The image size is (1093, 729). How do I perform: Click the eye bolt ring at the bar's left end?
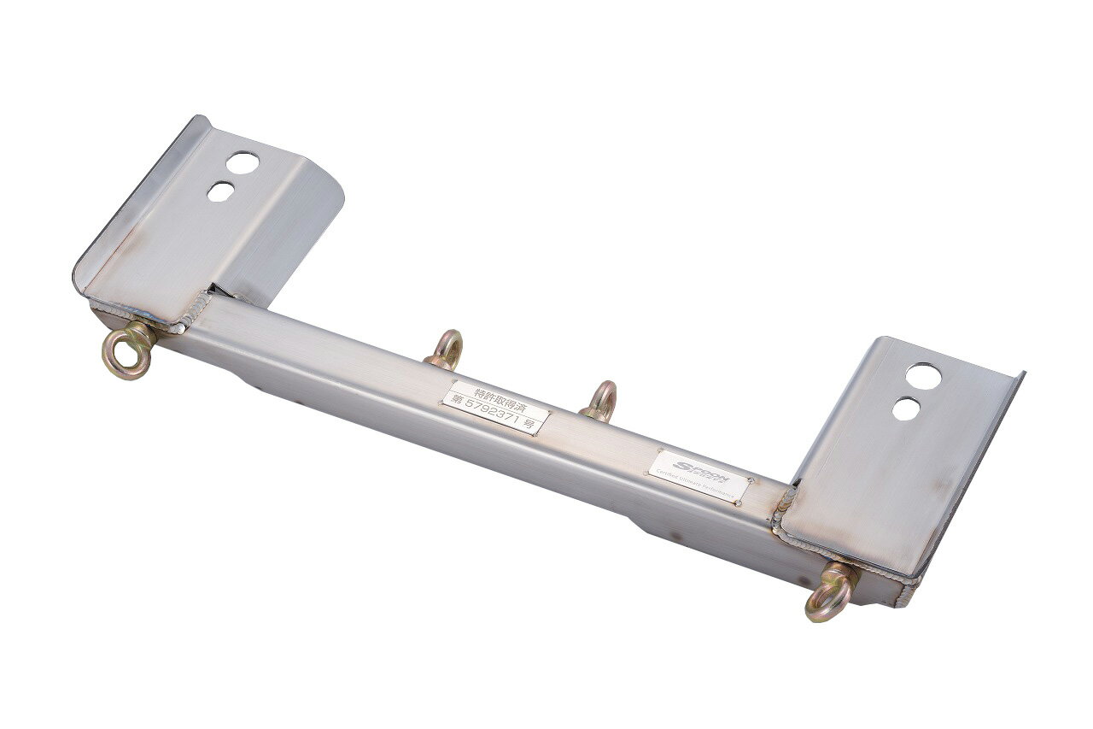126,353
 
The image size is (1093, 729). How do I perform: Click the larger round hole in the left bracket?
243,162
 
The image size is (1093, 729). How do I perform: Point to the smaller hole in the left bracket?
221,191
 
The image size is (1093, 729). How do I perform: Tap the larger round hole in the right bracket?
926,375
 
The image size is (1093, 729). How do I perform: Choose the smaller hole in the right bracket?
907,408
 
